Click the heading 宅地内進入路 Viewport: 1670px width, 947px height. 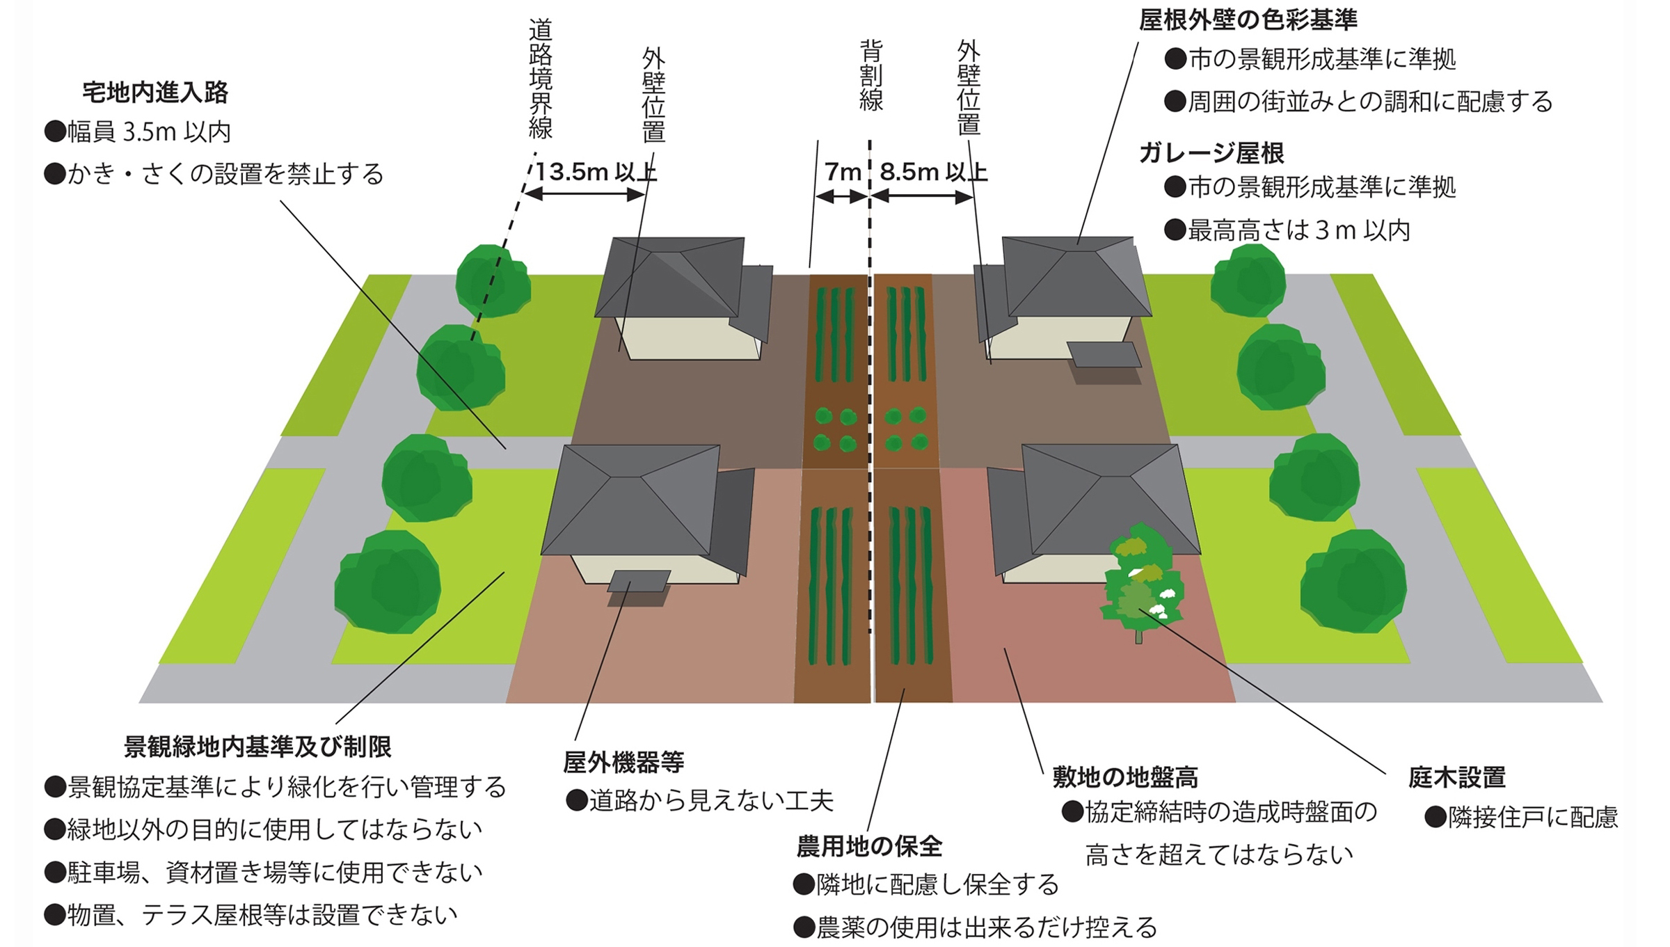(x=155, y=93)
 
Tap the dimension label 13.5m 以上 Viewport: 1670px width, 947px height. (x=596, y=172)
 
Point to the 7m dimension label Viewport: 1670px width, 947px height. (x=842, y=172)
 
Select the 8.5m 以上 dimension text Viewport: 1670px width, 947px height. (x=933, y=172)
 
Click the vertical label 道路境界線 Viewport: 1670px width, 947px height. (x=541, y=79)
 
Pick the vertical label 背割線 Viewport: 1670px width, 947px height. (x=871, y=75)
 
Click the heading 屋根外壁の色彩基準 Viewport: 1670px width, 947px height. (x=1248, y=20)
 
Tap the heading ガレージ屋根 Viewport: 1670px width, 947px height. (x=1211, y=153)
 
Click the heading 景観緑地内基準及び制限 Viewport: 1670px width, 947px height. (x=257, y=747)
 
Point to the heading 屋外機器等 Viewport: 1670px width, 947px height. (x=623, y=763)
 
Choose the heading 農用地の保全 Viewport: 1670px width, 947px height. (x=869, y=846)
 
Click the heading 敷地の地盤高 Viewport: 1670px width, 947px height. (x=1125, y=777)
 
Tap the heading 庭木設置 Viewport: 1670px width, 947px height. (x=1457, y=777)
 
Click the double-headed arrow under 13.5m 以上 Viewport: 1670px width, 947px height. (x=584, y=194)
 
